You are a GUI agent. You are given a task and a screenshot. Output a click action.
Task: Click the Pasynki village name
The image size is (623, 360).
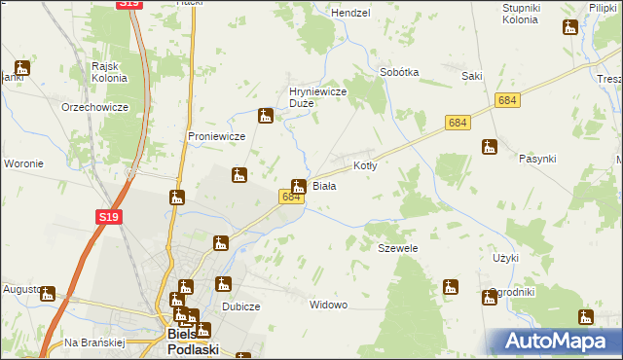tap(537, 158)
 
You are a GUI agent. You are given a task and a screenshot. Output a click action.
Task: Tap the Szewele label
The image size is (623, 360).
tap(397, 249)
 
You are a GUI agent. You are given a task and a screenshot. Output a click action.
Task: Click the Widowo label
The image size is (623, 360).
tap(328, 305)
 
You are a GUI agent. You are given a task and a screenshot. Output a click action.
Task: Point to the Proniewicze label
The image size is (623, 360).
tap(216, 136)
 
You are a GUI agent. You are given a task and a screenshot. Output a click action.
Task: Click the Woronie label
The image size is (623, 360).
tap(23, 163)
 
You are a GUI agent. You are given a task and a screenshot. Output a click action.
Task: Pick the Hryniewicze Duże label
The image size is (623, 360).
tap(313, 97)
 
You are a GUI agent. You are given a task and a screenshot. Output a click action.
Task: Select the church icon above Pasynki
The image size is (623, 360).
tap(490, 147)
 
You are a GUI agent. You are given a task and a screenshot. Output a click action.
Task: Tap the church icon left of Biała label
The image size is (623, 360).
tap(299, 185)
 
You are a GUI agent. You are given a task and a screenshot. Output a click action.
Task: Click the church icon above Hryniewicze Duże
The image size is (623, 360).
tap(265, 117)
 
